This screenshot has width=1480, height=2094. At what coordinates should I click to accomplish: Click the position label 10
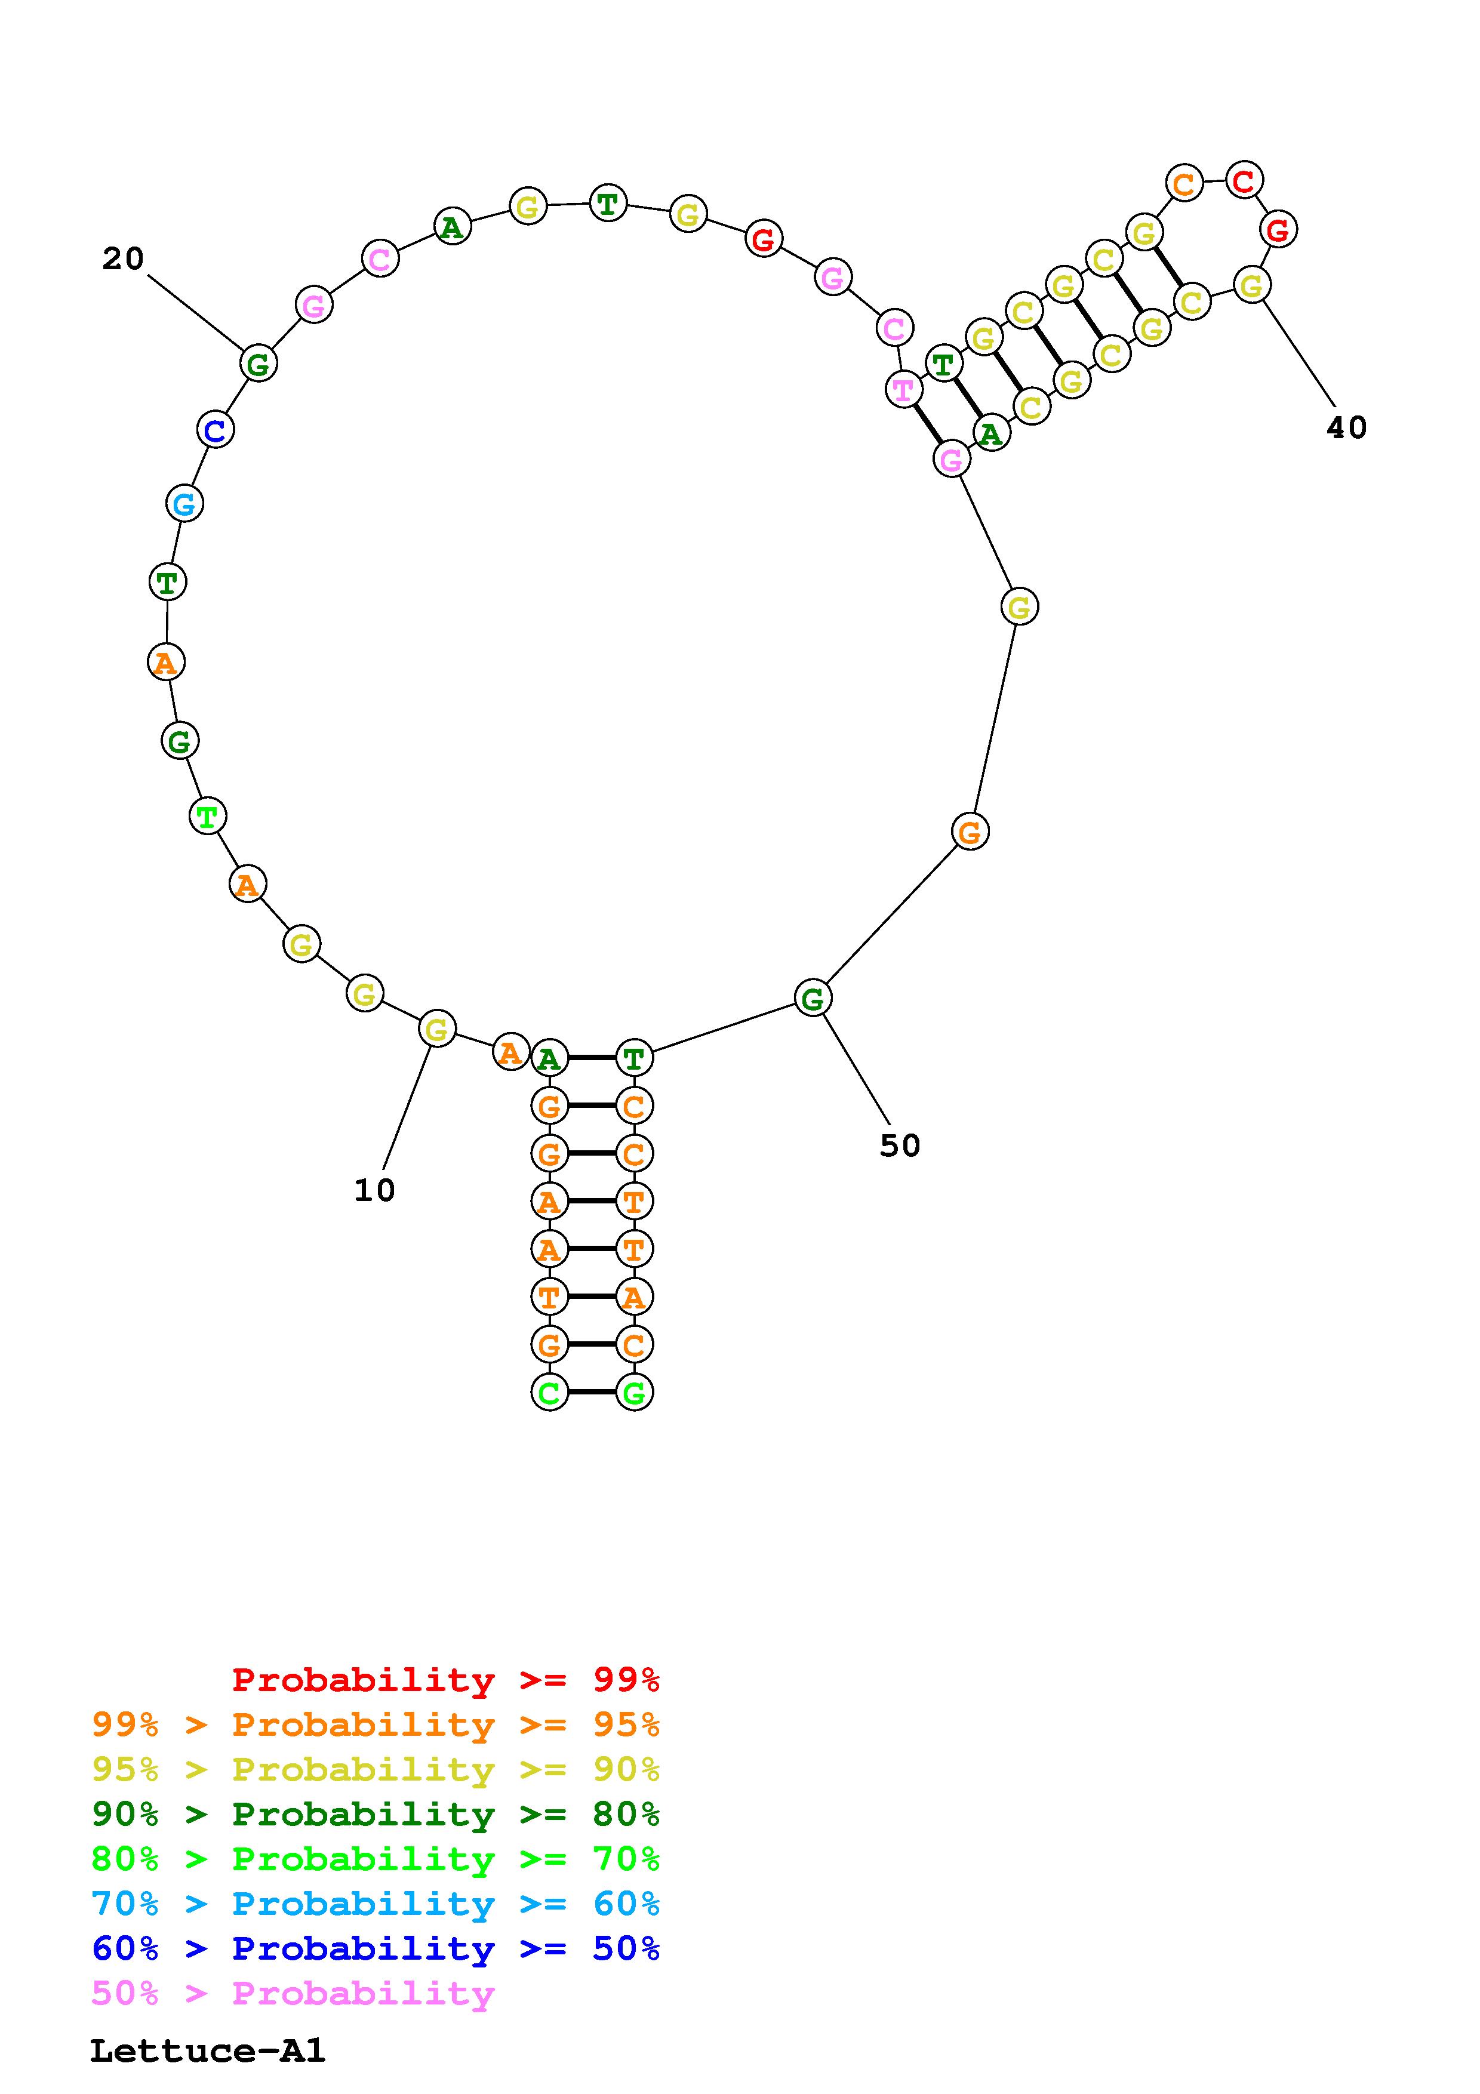[x=374, y=1190]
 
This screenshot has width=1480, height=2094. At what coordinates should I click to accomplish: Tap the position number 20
[x=123, y=259]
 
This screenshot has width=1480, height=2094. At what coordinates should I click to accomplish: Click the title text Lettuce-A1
[x=207, y=2051]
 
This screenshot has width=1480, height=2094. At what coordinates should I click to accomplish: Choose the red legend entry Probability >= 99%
[x=446, y=1679]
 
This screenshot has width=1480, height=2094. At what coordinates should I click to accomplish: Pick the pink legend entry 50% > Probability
[x=294, y=1994]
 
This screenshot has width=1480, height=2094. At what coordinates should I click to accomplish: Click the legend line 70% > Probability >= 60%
[x=376, y=1904]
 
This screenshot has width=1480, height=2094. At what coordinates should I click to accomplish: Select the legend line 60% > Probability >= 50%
[x=376, y=1949]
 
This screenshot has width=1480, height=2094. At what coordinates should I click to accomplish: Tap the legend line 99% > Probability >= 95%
[x=376, y=1725]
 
